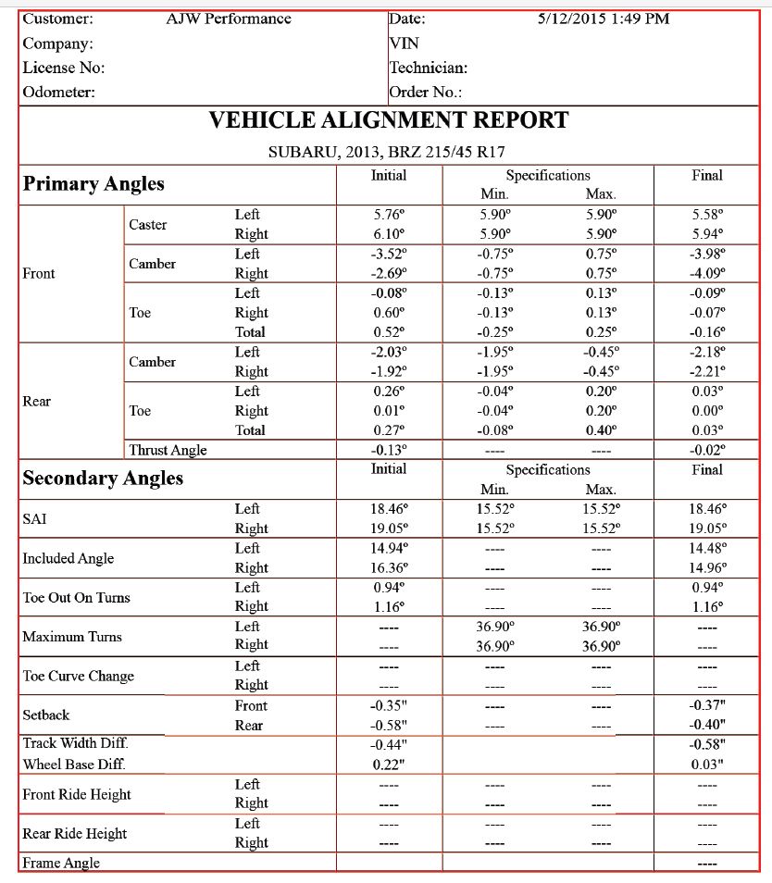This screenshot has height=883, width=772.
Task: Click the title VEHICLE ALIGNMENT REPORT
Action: pos(388,120)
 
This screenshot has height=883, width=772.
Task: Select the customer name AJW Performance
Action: pos(229,19)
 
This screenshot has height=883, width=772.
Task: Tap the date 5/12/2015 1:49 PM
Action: pos(604,19)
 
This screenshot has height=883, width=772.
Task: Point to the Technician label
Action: pos(428,68)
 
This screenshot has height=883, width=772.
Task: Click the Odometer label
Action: pos(58,92)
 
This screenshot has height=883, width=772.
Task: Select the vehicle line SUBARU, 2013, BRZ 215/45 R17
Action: pos(386,152)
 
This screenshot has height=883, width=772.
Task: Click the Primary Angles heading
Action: pos(93,183)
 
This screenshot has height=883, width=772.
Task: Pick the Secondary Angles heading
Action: pos(103,478)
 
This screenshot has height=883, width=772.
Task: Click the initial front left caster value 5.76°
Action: pos(389,215)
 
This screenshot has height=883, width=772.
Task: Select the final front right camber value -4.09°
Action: pos(706,273)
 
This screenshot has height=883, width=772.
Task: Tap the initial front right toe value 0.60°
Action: pos(389,313)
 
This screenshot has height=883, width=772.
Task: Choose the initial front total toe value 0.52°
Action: pos(389,332)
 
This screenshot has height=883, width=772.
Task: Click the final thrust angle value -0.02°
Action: pos(706,450)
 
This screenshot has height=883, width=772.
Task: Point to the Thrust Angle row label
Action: pos(168,450)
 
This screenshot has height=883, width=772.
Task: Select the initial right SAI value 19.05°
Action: pos(389,529)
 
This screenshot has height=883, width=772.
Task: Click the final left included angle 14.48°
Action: pos(706,548)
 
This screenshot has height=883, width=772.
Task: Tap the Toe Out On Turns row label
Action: pos(76,598)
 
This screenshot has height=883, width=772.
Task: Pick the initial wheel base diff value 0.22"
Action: pos(389,765)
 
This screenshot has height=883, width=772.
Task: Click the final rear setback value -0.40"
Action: pos(706,725)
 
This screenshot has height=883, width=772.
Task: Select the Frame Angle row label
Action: pos(61,863)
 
